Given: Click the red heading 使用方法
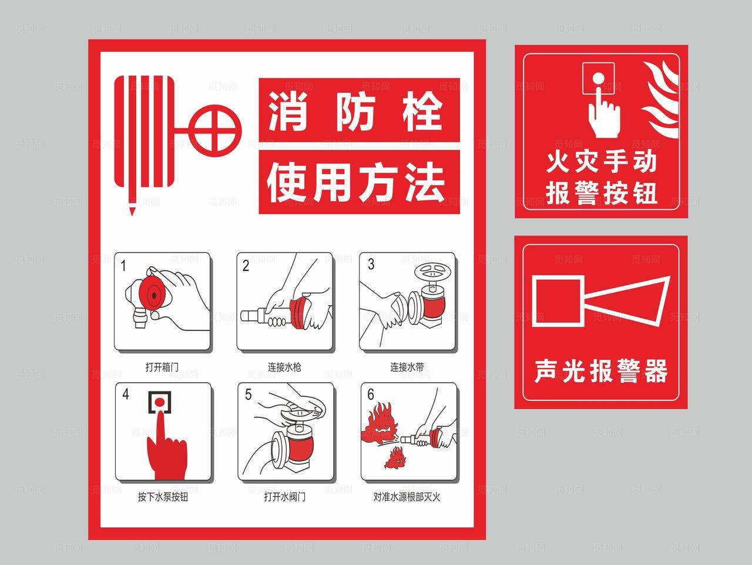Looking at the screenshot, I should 358,182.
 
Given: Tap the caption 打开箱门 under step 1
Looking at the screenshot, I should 162,367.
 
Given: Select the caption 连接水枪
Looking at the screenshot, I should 285,367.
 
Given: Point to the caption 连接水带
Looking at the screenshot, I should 407,367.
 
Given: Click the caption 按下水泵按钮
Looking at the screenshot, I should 163,497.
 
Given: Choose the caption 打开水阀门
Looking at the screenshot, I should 285,497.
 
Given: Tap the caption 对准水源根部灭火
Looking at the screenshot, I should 407,497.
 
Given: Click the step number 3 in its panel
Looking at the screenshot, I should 371,265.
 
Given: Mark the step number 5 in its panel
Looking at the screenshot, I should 248,395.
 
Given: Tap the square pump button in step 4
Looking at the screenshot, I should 159,402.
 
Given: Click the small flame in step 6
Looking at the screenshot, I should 397,457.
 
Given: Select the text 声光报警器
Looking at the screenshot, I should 602,372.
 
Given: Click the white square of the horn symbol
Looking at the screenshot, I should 557,300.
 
